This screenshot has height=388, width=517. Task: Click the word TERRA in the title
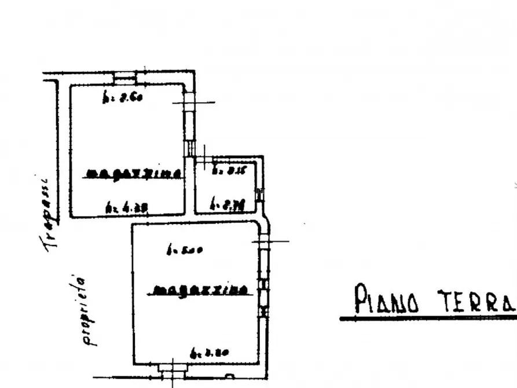tap(475, 300)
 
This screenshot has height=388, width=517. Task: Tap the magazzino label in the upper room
tap(134, 173)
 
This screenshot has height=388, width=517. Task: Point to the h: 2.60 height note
tap(122, 98)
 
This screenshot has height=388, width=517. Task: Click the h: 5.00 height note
tap(184, 251)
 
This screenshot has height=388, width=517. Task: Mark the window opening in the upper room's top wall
tap(123, 76)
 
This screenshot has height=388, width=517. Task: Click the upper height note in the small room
tap(222, 170)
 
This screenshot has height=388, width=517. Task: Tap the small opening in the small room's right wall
tap(260, 194)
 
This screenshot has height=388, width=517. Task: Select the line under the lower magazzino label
tap(200, 295)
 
